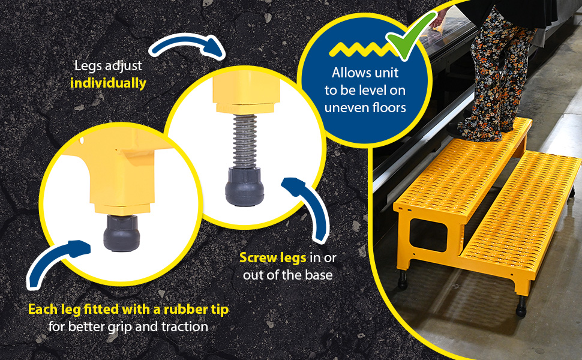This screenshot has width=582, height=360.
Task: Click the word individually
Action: tap(108, 83)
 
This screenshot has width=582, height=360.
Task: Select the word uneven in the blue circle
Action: tap(346, 107)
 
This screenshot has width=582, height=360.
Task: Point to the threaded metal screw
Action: tap(245, 141)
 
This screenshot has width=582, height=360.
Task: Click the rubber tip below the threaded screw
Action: tap(244, 187)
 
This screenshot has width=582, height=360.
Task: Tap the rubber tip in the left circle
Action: tap(122, 233)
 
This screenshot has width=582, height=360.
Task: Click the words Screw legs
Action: tap(273, 257)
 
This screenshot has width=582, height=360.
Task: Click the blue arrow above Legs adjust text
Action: tap(187, 43)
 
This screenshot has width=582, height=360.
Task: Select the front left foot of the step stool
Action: tap(402, 280)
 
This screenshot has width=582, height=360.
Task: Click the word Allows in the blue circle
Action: tap(349, 73)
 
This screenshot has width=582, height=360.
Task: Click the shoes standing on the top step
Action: tap(482, 130)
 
